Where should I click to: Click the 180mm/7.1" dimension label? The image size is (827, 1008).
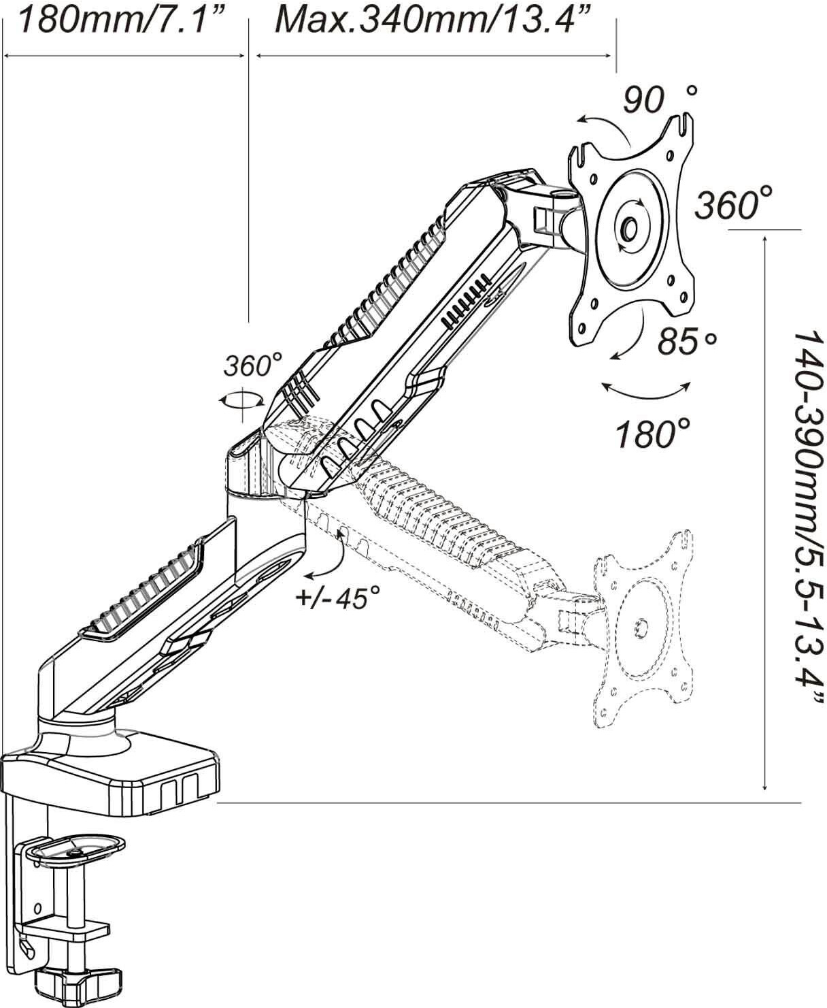[121, 20]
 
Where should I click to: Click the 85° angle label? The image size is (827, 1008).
[687, 340]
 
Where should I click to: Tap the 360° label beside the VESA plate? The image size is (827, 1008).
[733, 203]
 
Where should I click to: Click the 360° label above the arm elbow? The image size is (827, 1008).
[253, 365]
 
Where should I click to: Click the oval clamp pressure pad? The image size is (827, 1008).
[78, 848]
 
